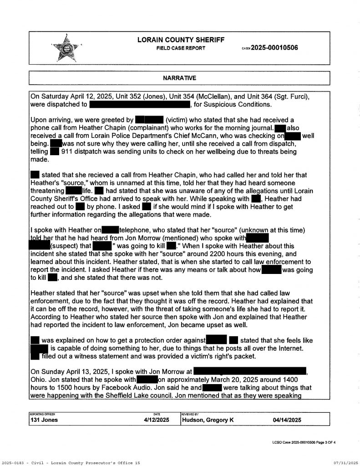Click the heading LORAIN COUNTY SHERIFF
[181, 40]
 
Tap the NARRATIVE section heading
[180, 78]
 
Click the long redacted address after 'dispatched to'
[140, 105]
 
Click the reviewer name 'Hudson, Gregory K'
[208, 420]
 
